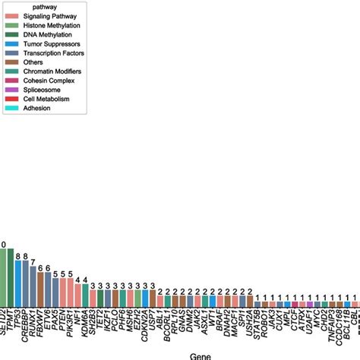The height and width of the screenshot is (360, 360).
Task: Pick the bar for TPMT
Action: [357, 305]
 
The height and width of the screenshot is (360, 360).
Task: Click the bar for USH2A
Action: [246, 302]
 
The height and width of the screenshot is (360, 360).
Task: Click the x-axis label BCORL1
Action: [166, 323]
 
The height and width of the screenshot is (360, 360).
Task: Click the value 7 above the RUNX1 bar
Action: [31, 261]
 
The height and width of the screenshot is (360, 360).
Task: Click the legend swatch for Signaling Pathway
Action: [11, 16]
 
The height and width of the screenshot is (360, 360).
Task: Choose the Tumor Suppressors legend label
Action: [49, 45]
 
